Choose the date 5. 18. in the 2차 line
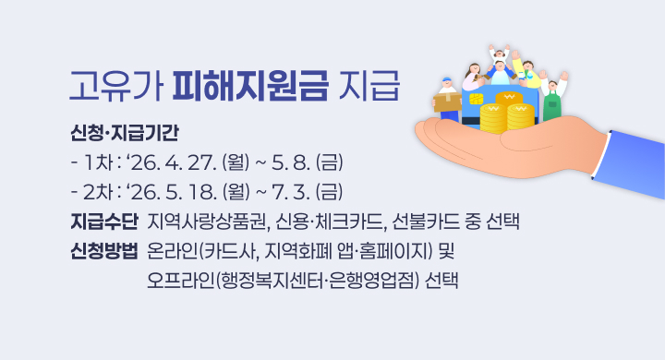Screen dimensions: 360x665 [x=195, y=193]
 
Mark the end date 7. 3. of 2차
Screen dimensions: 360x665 [x=289, y=193]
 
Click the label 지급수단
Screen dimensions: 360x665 [x=103, y=222]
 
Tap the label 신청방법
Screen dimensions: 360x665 [x=103, y=251]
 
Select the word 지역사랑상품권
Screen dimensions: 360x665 [x=201, y=222]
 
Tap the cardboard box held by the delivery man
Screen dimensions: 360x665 [x=447, y=99]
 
